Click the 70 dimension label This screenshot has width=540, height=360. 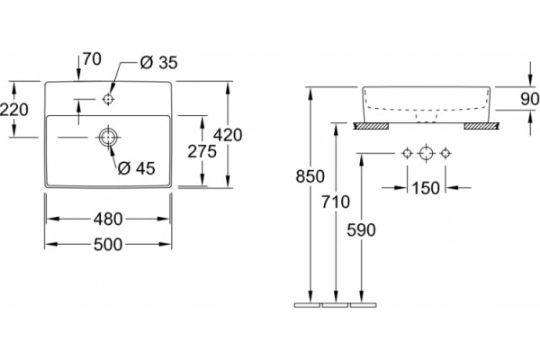coord(92,58)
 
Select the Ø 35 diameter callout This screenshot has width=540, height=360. coord(158,63)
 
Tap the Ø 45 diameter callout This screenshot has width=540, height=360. coord(137,168)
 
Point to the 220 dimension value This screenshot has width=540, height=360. coord(13,110)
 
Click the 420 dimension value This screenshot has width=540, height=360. coord(228,135)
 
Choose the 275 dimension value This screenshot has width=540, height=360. coord(202,151)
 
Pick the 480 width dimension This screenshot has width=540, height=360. coord(108,219)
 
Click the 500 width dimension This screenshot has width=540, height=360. coord(108,245)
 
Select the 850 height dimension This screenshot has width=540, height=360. coord(310,176)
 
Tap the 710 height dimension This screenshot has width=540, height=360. coord(336,202)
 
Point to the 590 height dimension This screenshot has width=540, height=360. coord(361,230)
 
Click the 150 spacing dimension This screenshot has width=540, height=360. coord(426,188)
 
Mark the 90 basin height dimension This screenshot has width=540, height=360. coord(530,99)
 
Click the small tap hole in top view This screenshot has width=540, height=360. coord(108,99)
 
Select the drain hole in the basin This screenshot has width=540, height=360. coord(108,137)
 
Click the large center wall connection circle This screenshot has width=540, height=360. coord(427,153)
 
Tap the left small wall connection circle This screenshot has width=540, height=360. coord(408,153)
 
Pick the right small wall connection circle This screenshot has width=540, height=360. coord(445,153)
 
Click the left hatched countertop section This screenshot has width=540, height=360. coord(372,126)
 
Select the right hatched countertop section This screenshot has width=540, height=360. coord(481,126)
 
